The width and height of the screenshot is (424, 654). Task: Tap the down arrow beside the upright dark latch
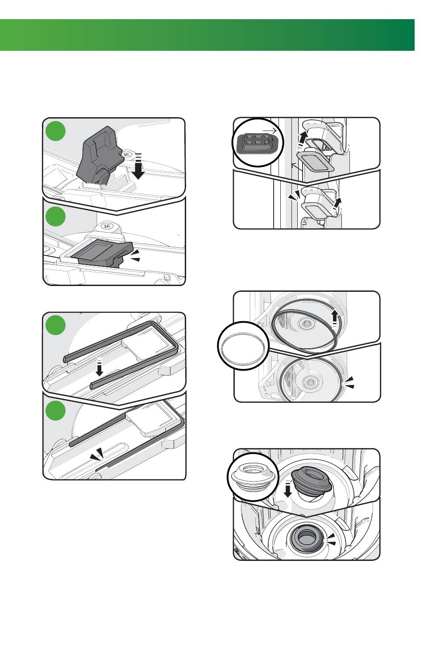click(138, 167)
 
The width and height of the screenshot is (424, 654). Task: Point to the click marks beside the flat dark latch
click(135, 255)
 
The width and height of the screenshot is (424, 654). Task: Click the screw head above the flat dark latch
click(107, 226)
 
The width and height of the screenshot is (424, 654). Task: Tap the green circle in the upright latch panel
click(56, 131)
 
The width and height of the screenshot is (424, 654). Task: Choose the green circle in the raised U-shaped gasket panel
click(56, 325)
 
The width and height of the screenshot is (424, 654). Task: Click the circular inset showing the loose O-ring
click(243, 346)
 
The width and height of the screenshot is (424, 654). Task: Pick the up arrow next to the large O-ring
click(335, 318)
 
